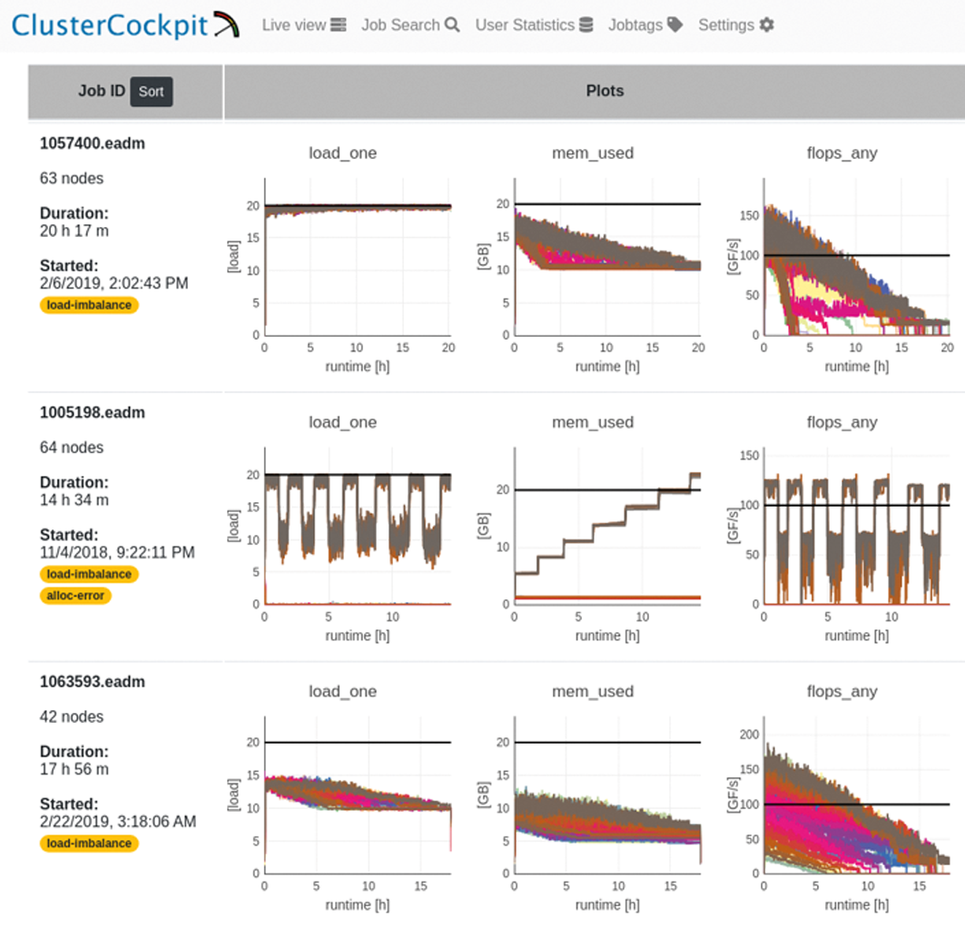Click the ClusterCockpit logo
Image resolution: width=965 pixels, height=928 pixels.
125,25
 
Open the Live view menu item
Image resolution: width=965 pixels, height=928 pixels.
303,25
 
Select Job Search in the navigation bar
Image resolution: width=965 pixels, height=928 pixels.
410,25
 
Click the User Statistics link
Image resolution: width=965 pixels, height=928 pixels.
534,25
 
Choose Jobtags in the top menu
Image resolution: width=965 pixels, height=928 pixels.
645,25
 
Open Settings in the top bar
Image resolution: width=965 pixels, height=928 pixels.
735,25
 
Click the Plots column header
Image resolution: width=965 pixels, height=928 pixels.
605,91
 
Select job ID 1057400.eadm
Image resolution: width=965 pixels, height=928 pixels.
92,143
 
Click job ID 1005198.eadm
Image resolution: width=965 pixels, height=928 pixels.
92,412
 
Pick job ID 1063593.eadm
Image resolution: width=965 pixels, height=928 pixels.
92,682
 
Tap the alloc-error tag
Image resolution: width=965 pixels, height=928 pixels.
75,596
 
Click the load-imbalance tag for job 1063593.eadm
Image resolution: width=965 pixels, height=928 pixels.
89,844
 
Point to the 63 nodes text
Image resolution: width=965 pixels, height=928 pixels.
72,178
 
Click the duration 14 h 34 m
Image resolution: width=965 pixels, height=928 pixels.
74,499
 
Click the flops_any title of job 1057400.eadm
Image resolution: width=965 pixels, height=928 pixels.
842,153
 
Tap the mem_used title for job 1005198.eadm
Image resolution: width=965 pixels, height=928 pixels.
592,422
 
